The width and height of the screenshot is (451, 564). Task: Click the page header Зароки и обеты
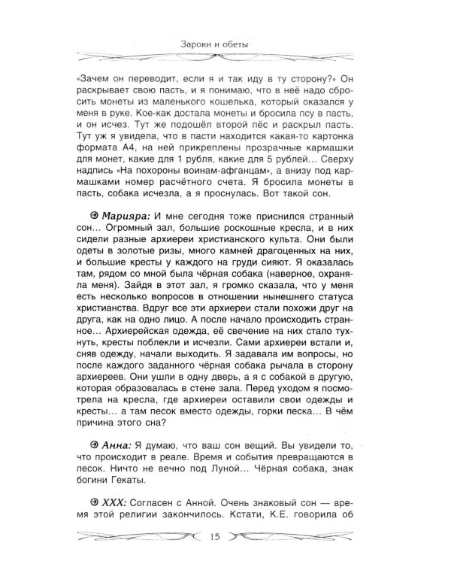[x=225, y=44]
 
